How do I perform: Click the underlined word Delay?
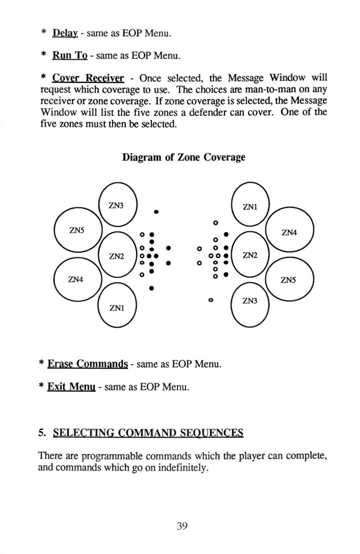65,33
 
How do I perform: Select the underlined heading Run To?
70,56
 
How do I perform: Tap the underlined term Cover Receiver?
88,78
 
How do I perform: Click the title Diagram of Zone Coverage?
183,157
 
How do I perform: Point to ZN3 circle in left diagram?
99,205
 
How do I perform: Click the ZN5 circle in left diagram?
55,230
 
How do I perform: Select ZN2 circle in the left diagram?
99,255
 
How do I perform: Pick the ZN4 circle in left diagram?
55,279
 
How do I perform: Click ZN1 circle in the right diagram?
231,204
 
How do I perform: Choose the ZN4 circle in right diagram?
313,231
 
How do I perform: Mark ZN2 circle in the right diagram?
231,255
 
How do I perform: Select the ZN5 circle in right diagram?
313,279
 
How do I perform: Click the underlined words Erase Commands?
88,364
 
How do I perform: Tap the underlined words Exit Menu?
71,387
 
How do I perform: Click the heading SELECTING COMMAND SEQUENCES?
148,433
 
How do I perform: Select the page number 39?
182,526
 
